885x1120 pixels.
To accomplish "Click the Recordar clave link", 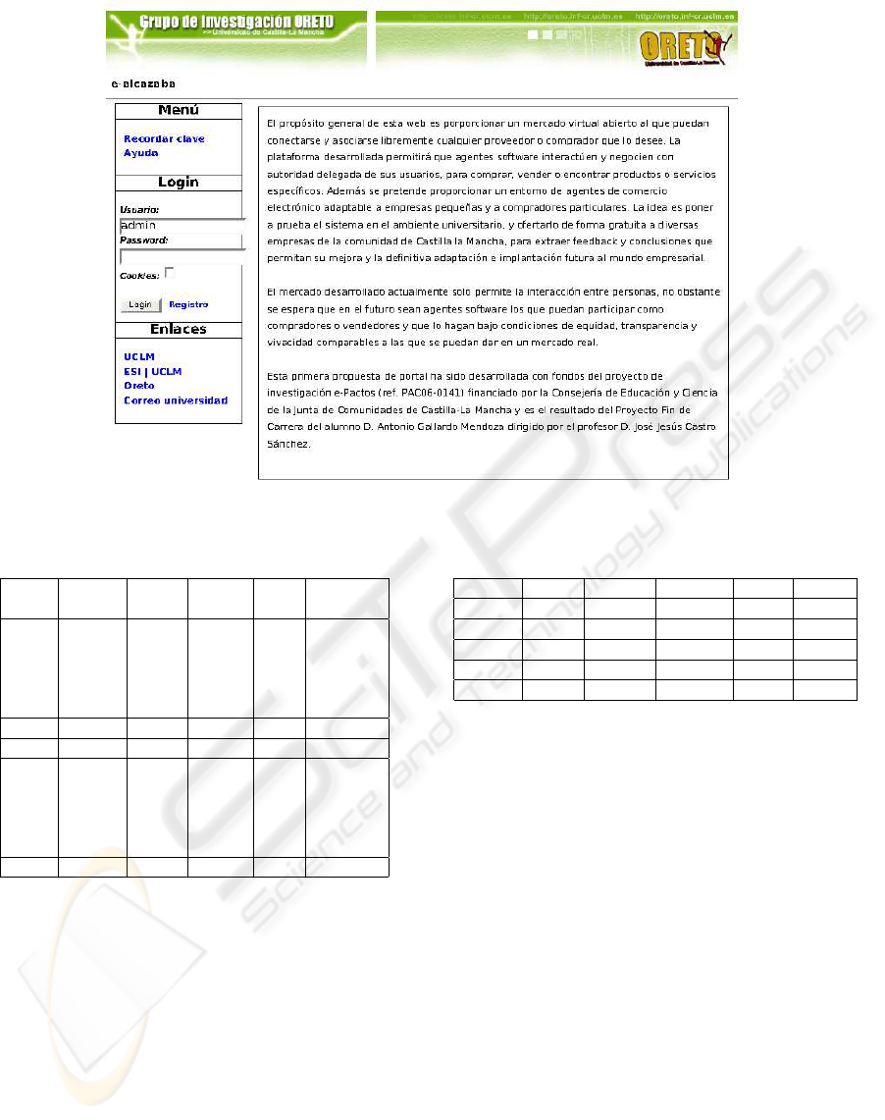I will coord(164,139).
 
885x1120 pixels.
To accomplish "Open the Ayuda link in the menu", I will coord(140,153).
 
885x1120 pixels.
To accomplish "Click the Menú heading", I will coord(179,111).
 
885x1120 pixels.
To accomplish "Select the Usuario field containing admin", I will coord(182,225).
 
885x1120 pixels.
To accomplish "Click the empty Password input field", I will coord(182,256).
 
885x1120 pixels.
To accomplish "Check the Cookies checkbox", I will coord(170,273).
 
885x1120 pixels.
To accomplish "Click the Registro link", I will coord(188,305).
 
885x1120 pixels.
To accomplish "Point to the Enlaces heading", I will coord(179,330).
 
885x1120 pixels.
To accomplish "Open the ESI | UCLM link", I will coord(152,372).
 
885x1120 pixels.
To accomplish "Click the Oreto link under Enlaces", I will coord(138,386).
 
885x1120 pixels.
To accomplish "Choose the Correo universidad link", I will coord(176,400).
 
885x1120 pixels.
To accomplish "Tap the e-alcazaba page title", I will coord(142,84).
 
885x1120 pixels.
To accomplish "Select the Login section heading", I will coord(179,183).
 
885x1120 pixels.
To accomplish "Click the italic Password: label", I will coord(143,240).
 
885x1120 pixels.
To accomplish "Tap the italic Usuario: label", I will coord(139,210).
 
